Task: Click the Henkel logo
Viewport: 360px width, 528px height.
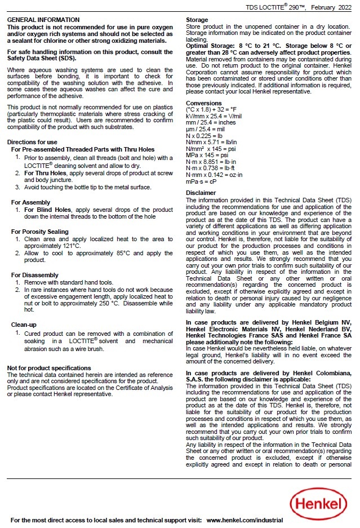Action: [319, 501]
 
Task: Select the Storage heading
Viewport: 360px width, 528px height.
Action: [197, 20]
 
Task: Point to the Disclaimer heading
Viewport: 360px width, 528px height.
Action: [201, 193]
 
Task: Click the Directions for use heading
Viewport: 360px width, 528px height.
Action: [32, 142]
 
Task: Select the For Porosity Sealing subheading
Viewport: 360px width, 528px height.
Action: [39, 232]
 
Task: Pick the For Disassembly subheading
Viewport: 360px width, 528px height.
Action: [36, 275]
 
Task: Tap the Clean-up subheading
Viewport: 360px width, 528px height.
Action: [25, 325]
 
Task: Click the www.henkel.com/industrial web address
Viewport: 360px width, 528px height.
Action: [245, 520]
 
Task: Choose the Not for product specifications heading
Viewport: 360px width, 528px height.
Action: [48, 368]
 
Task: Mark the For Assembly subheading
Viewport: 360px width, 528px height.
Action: [30, 202]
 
